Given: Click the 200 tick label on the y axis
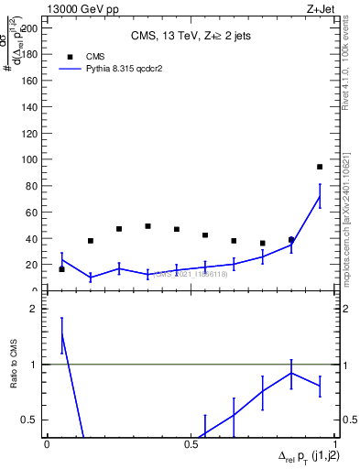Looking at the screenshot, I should coord(30,27).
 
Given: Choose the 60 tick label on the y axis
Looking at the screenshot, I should coord(33,212).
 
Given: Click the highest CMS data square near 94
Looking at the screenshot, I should coord(320,167).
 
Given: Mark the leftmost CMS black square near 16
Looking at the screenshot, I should coord(61,269).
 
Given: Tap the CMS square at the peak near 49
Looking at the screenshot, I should coord(147,226).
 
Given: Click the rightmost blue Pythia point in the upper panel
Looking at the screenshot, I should coord(320,196).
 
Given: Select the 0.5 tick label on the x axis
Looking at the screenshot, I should coord(191,443).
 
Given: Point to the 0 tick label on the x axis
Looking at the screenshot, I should coord(48,443).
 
